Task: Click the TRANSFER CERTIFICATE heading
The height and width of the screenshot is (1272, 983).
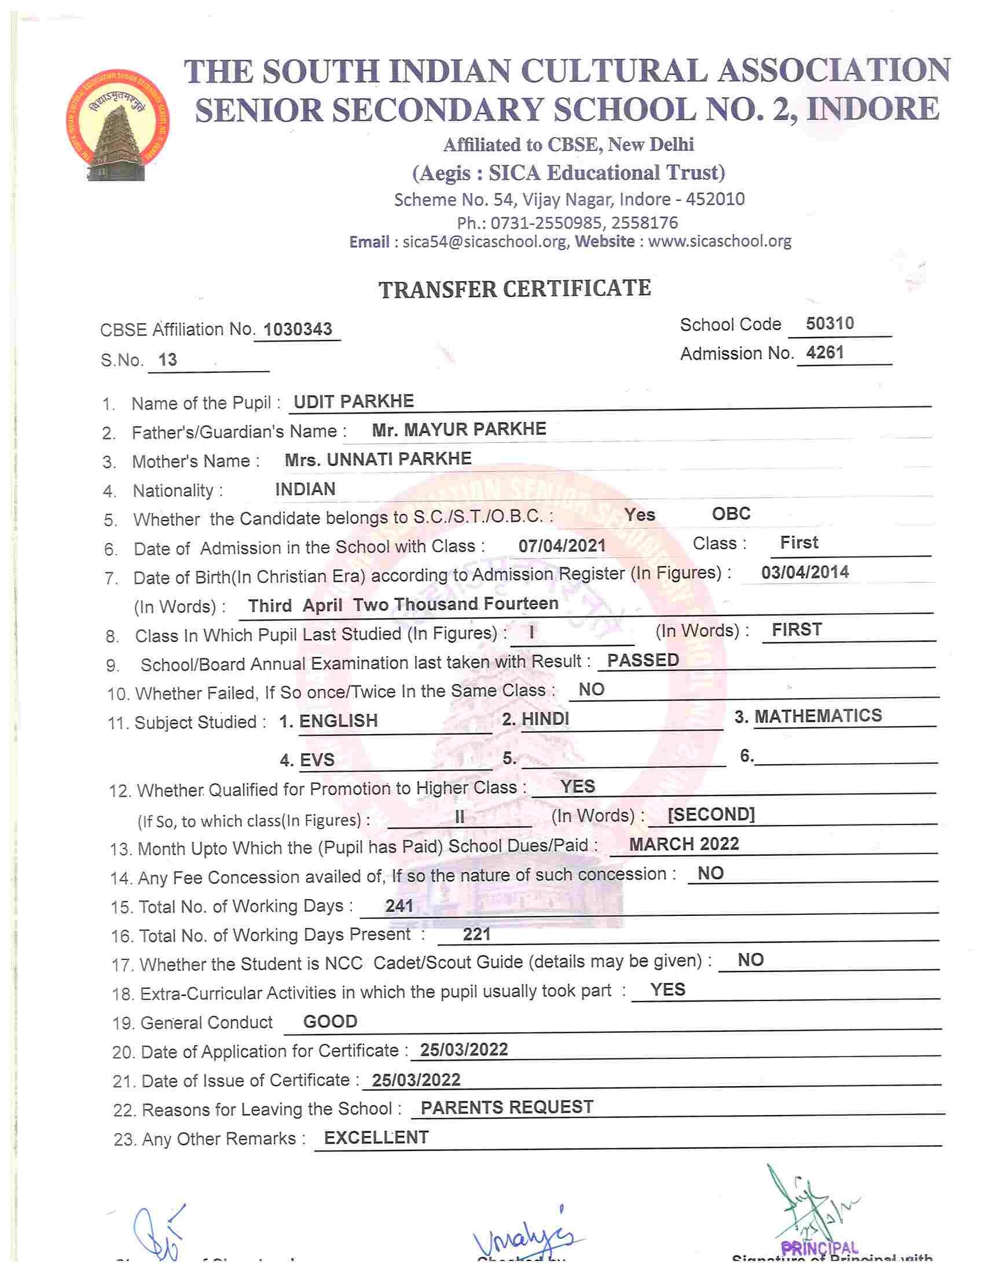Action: click(x=515, y=289)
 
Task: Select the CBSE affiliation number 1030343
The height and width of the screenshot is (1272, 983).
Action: click(x=298, y=329)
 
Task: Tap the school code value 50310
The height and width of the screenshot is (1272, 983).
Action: click(x=830, y=323)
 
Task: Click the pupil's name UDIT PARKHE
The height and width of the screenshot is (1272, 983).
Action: click(x=354, y=401)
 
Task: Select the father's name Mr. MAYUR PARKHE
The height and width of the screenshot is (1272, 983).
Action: click(x=459, y=429)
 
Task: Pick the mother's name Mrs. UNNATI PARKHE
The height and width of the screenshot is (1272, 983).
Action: click(x=378, y=459)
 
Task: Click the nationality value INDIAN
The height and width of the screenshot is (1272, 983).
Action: click(x=305, y=489)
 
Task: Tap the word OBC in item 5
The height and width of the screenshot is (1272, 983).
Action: click(x=731, y=514)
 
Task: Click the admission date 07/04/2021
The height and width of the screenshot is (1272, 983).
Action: click(x=562, y=546)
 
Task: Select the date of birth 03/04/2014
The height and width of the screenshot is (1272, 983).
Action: click(x=805, y=572)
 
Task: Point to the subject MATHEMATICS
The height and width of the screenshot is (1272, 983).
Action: click(x=818, y=716)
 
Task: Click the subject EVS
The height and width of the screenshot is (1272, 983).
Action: click(x=317, y=760)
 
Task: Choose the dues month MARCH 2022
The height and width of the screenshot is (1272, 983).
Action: click(x=684, y=845)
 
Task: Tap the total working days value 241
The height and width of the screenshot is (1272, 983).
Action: click(x=399, y=906)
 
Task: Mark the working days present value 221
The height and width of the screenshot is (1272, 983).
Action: click(x=476, y=934)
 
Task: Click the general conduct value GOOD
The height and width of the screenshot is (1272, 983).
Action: click(x=330, y=1021)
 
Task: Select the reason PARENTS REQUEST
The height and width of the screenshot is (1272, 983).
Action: click(x=507, y=1107)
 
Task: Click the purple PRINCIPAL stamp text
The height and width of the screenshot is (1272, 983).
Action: click(x=819, y=1248)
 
